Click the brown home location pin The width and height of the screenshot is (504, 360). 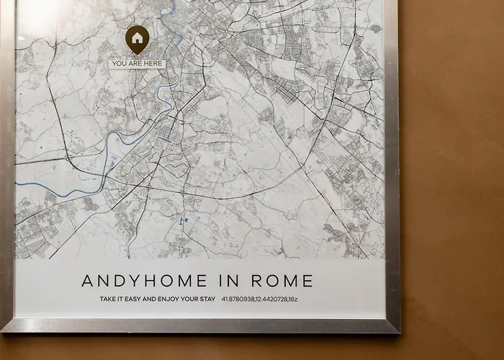[x=137, y=40]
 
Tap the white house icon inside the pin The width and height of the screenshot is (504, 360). [x=137, y=37]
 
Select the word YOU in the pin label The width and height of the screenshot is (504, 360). [x=120, y=64]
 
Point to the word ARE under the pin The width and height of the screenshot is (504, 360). [x=135, y=64]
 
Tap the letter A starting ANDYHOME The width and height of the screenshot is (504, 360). [x=87, y=280]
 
